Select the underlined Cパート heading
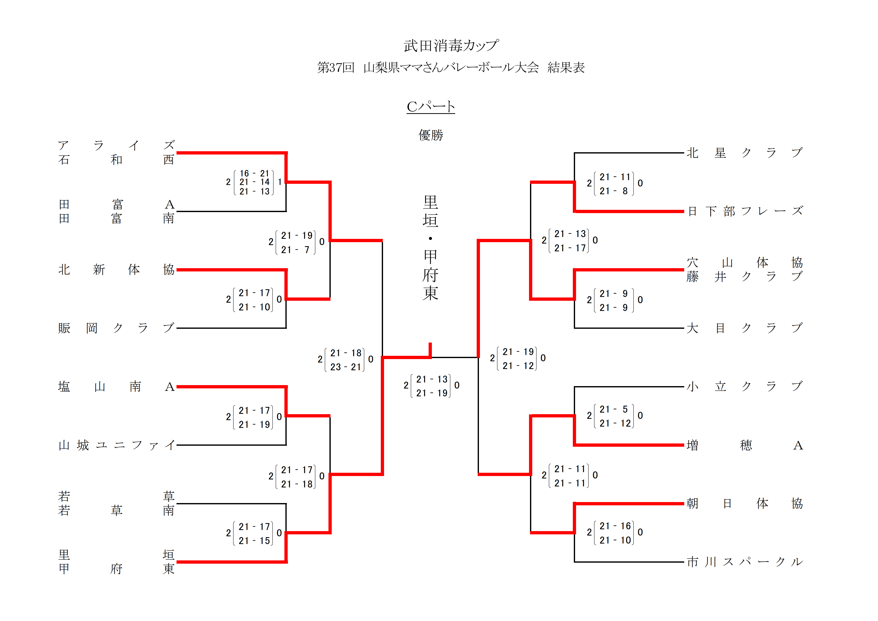click(x=431, y=107)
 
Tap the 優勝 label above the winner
click(x=431, y=135)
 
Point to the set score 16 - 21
click(x=254, y=173)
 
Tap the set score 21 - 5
click(x=614, y=409)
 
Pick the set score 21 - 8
click(x=614, y=191)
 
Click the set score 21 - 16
click(x=615, y=526)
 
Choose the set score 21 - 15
click(x=254, y=541)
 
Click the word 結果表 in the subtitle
click(x=566, y=68)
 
